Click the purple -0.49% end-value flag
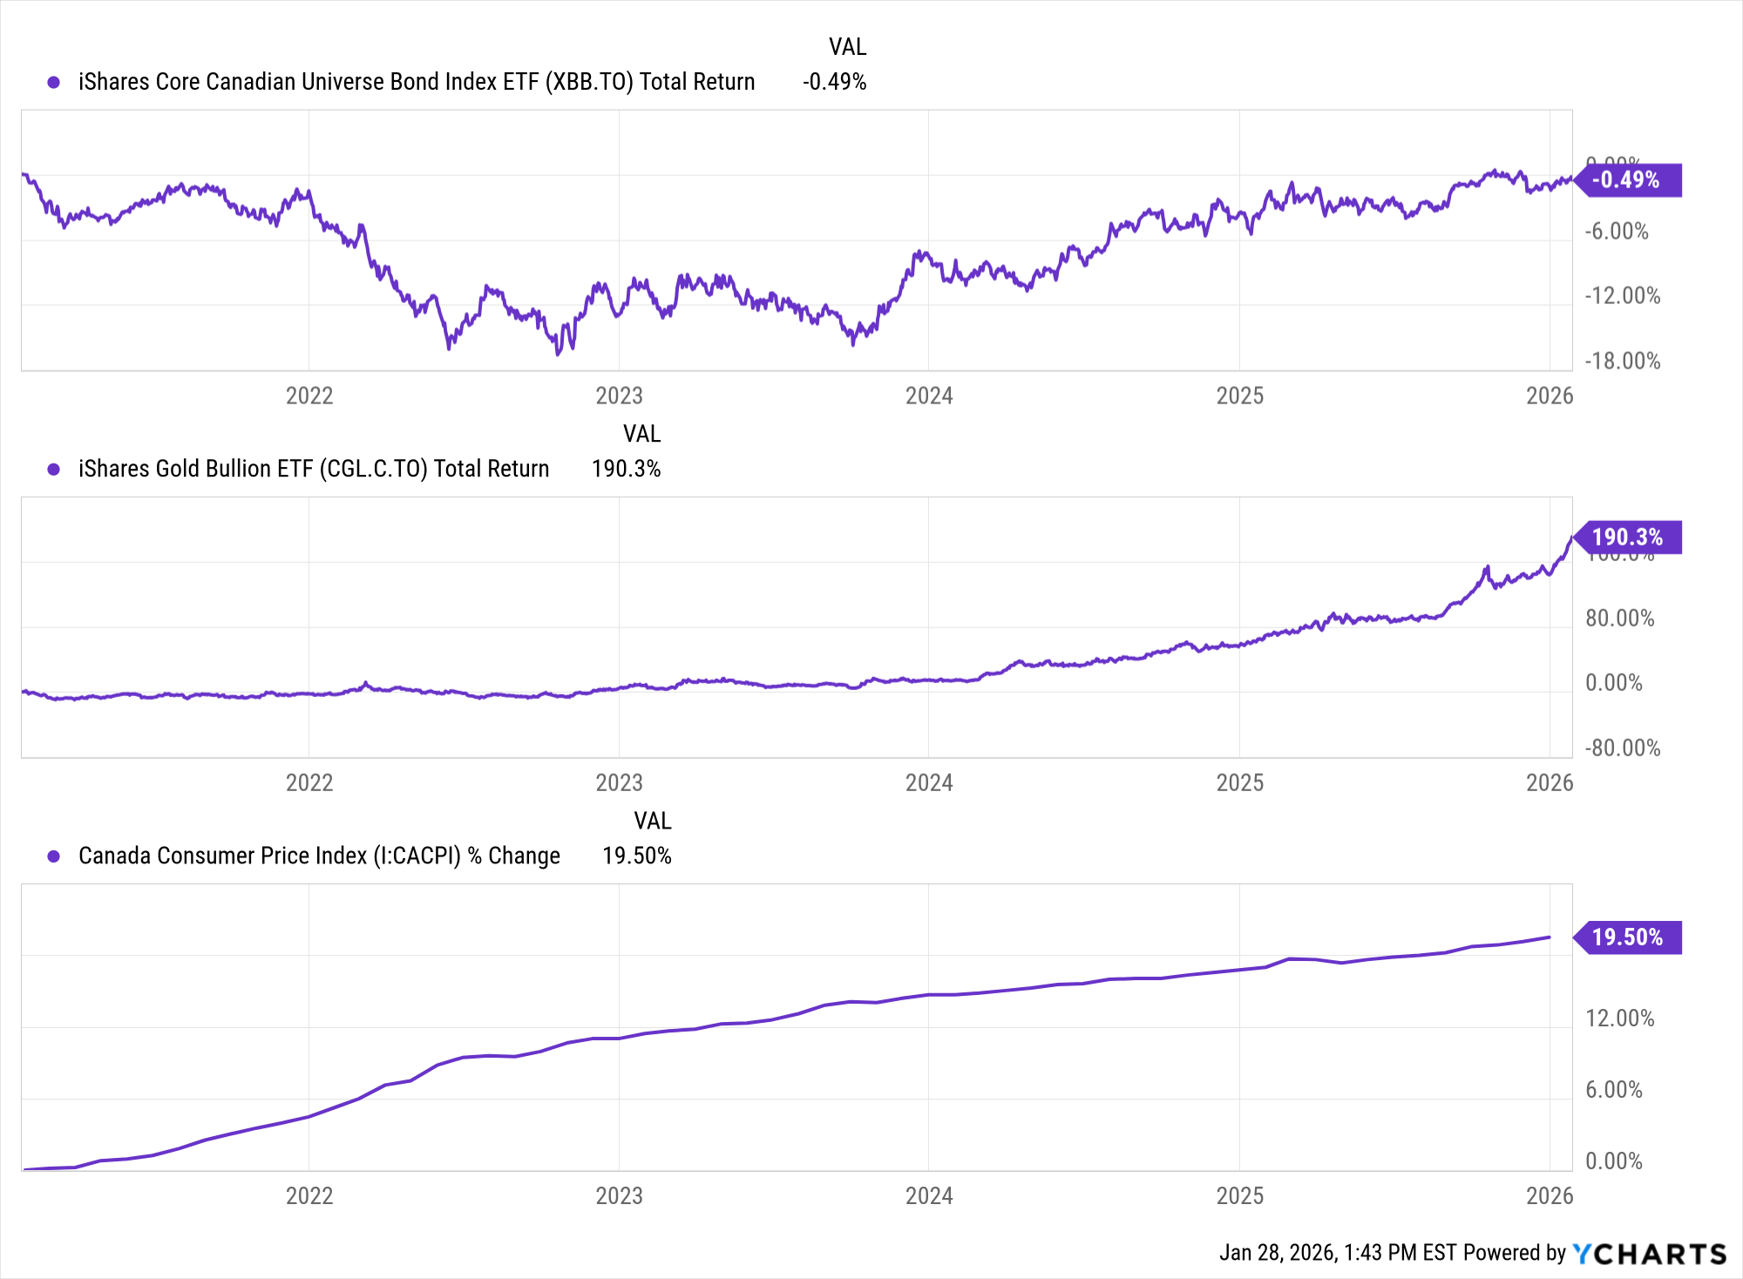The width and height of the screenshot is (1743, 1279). pyautogui.click(x=1626, y=180)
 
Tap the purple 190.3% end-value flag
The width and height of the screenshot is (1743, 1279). pyautogui.click(x=1626, y=538)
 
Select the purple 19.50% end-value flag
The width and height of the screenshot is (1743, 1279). pyautogui.click(x=1626, y=937)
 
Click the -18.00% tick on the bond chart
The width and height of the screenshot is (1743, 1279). pyautogui.click(x=1622, y=361)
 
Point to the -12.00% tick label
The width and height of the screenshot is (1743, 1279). pyautogui.click(x=1622, y=296)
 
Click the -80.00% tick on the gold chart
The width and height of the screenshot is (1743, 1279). pyautogui.click(x=1622, y=748)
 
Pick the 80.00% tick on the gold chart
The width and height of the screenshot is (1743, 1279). pyautogui.click(x=1619, y=619)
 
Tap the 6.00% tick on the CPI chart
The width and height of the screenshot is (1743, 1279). pyautogui.click(x=1613, y=1090)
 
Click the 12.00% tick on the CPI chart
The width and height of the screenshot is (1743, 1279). pyautogui.click(x=1619, y=1018)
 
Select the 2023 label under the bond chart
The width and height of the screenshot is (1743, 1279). pyautogui.click(x=619, y=396)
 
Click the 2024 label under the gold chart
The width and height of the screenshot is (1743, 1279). pyautogui.click(x=929, y=783)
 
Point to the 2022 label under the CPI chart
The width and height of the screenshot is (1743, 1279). pyautogui.click(x=309, y=1195)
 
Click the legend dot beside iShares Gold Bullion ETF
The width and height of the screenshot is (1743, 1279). pyautogui.click(x=54, y=470)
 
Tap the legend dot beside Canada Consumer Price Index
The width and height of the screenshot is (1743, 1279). pyautogui.click(x=54, y=856)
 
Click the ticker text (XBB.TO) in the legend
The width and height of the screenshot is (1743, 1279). pyautogui.click(x=590, y=82)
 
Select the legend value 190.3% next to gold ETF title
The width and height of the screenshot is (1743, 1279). pyautogui.click(x=626, y=470)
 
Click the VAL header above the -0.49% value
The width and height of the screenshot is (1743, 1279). pyautogui.click(x=847, y=47)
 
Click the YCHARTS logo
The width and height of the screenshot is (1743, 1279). pyautogui.click(x=1650, y=1254)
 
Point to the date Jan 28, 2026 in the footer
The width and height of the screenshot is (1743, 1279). pyautogui.click(x=1277, y=1253)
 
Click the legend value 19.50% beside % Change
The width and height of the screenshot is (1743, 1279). pyautogui.click(x=636, y=856)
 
